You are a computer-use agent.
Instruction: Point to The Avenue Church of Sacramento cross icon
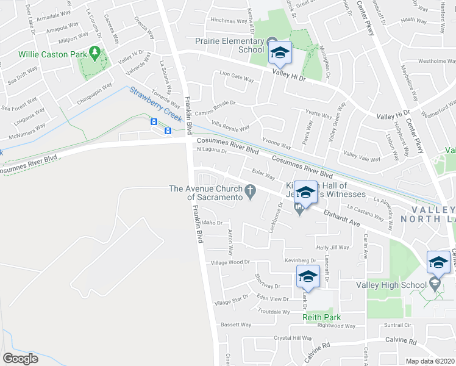pos(249,192)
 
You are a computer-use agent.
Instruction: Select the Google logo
pos(20,358)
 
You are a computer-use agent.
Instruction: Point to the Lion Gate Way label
pos(236,78)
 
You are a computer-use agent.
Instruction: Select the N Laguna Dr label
pos(211,150)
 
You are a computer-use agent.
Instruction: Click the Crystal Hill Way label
pos(293,338)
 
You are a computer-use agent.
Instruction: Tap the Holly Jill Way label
pos(333,247)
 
